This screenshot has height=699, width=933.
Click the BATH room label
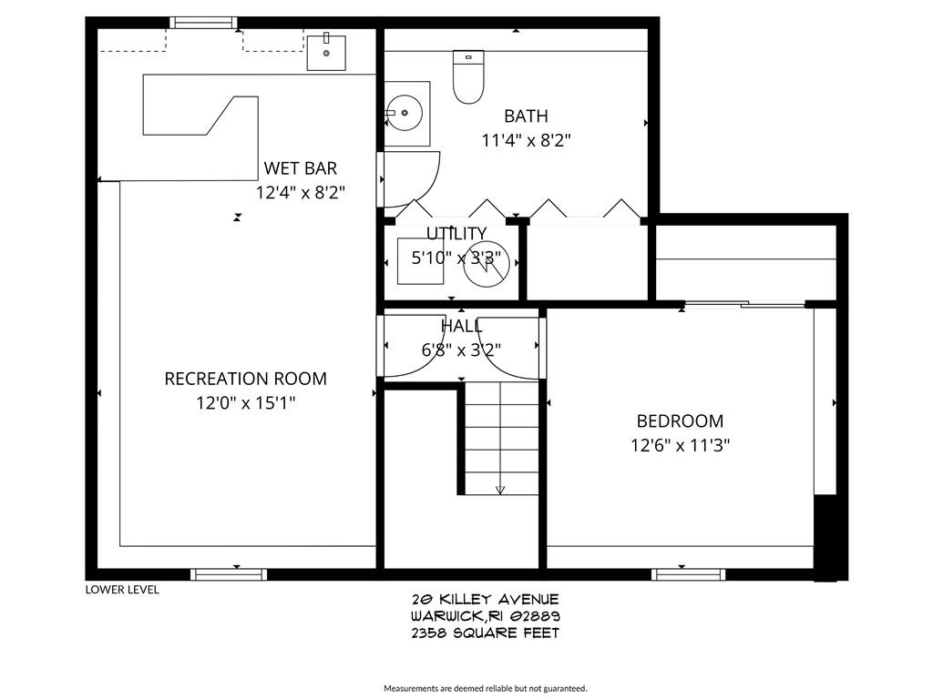click(526, 116)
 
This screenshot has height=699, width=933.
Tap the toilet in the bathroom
click(468, 76)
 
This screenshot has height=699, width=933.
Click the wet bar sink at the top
click(325, 52)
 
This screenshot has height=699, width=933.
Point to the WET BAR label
click(300, 168)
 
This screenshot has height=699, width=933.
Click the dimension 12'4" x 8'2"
click(300, 193)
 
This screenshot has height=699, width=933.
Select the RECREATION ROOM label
click(245, 379)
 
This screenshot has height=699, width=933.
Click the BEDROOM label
click(680, 421)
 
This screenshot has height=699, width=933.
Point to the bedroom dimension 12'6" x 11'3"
click(680, 446)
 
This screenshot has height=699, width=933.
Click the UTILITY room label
click(456, 234)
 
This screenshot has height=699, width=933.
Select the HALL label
click(461, 326)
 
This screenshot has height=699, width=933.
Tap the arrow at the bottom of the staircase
click(500, 490)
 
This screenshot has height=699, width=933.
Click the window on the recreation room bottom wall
click(229, 574)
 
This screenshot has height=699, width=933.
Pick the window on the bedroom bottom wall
click(689, 574)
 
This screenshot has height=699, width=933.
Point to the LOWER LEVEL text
click(122, 590)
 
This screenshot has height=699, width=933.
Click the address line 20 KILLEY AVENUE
click(485, 599)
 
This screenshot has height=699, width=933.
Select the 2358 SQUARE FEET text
click(485, 633)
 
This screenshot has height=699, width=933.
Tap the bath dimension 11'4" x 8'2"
click(526, 140)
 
